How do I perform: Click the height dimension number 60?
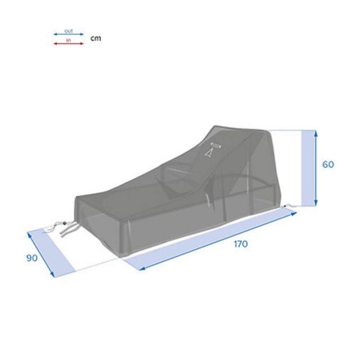coord(328,164)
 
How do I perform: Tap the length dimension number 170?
coord(241,244)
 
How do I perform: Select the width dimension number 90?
coord(32,258)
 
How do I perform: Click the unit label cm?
coord(95,38)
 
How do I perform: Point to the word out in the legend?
coord(68,31)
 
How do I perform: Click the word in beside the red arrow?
coord(68,40)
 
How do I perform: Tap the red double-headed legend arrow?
coord(68,43)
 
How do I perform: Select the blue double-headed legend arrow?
coord(68,34)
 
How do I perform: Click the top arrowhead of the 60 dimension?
coord(316,132)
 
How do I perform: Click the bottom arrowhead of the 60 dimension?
coord(316,203)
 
